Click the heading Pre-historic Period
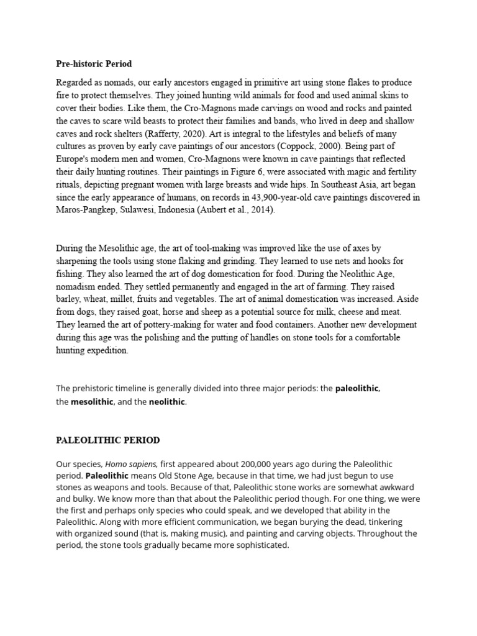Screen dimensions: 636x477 tap(94, 64)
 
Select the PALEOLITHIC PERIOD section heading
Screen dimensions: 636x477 tap(107, 440)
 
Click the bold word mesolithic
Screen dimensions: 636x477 tap(92, 402)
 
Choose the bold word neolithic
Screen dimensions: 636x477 tap(166, 402)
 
